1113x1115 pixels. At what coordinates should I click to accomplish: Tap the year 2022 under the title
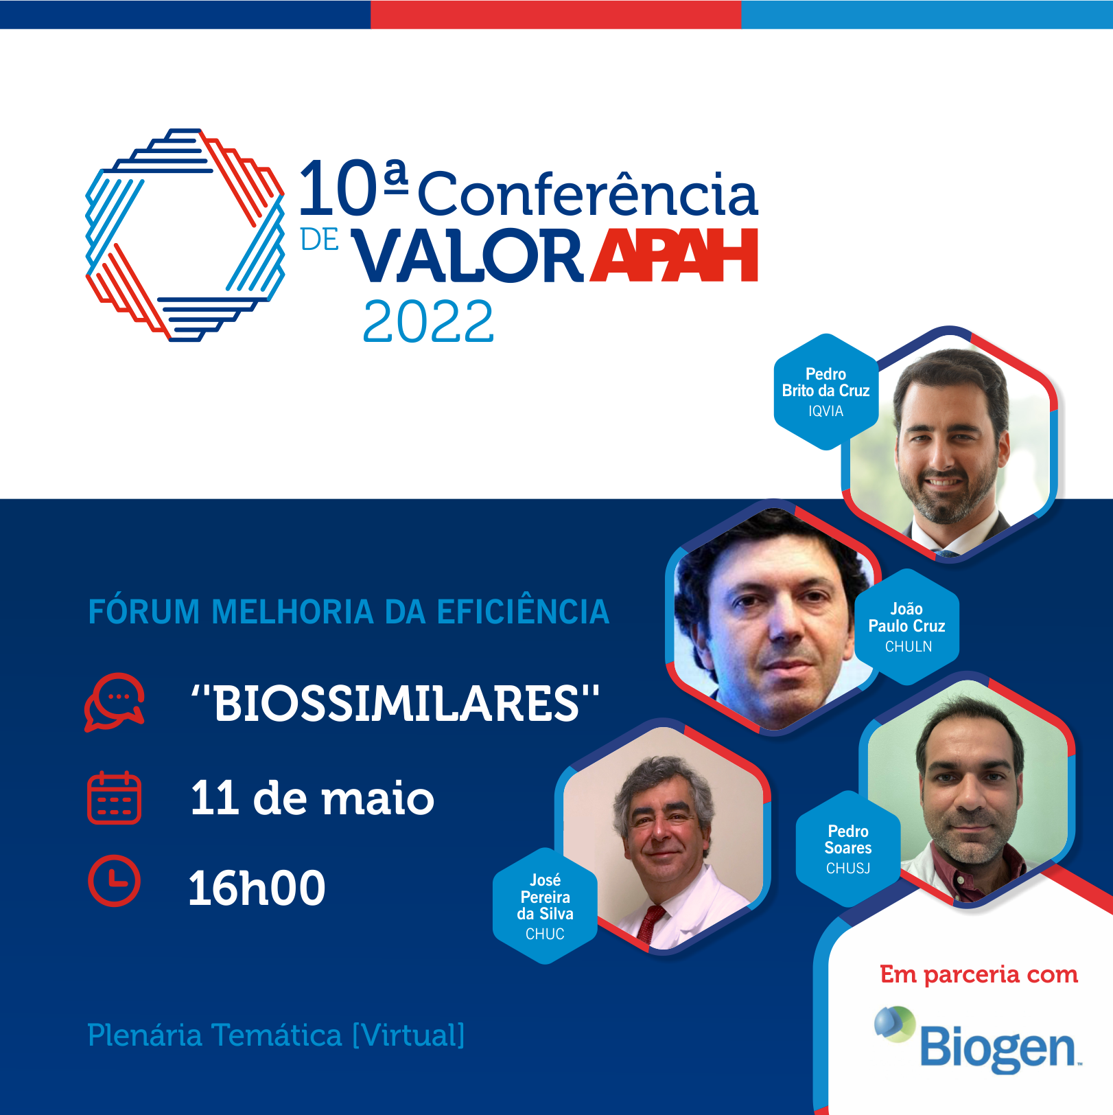click(428, 321)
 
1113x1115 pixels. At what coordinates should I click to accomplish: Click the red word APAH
click(675, 255)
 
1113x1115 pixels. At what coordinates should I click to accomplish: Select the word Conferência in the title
click(588, 193)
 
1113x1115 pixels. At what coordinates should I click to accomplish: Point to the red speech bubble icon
click(114, 702)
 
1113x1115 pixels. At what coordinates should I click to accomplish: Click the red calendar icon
click(114, 798)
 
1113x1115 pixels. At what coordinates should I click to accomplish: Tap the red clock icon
click(114, 881)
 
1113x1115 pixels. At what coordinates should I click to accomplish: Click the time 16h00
click(257, 888)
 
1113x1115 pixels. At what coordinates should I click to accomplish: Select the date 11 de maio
click(312, 798)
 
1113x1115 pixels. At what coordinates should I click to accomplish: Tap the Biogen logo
click(978, 1039)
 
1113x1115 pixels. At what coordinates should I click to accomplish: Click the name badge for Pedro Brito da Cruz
click(826, 392)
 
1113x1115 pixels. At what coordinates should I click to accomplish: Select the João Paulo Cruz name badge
click(906, 627)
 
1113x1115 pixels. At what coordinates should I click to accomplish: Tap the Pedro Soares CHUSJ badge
click(848, 849)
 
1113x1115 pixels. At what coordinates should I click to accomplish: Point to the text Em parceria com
click(979, 974)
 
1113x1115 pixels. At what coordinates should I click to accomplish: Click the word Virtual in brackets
click(409, 1035)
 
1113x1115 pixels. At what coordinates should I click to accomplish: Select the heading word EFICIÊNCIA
click(523, 612)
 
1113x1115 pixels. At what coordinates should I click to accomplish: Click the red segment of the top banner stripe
click(556, 14)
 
